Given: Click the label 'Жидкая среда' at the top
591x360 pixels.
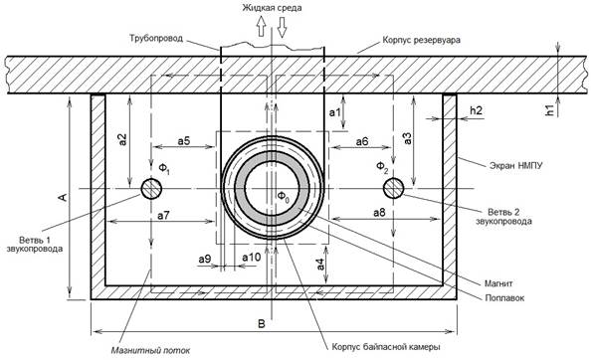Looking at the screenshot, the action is pos(272,8).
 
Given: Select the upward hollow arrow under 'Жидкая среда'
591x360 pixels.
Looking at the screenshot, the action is pos(262,27).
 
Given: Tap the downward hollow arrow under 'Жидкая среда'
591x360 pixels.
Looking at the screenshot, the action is pos(282,27).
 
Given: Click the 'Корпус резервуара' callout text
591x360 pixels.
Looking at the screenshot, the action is pos(421,40).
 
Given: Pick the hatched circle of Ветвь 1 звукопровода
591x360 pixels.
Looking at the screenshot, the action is pos(151,189).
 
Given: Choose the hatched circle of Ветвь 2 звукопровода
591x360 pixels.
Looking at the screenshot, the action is pos(393,188).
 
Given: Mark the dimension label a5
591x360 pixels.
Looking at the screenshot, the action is pos(184,141).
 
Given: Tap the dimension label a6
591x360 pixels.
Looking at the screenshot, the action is pos(362,141).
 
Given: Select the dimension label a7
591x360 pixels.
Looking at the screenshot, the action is pos(163,216).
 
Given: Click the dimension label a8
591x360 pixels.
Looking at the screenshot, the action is pos(379,213).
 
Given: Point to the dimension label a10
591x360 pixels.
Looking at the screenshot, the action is pos(252,258).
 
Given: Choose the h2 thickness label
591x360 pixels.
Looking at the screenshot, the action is pos(476,110).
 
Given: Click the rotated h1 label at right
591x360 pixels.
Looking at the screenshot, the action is pos(550,109).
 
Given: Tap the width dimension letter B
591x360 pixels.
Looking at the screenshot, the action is pos(262,324).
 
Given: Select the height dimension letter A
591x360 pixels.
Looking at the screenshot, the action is pos(63,197).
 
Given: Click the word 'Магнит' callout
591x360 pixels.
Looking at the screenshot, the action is pos(498,283).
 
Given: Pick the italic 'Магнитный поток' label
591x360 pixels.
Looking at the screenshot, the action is pos(150,351).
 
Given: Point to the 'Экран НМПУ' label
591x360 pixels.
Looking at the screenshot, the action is pos(516,165).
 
